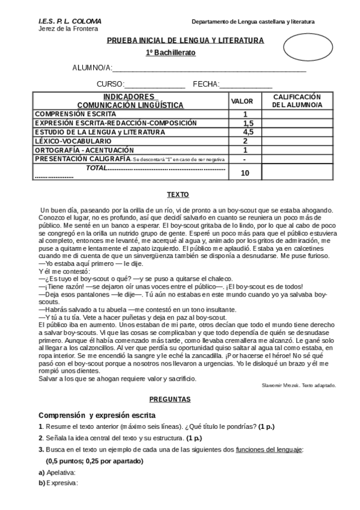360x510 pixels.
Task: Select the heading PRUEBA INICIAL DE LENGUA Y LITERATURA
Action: pos(185,40)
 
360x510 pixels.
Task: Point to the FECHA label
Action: pos(206,84)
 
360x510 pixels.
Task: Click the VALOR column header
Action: pos(242,101)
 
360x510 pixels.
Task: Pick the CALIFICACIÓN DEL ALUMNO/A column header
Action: pos(297,101)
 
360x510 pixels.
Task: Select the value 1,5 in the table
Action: pos(245,123)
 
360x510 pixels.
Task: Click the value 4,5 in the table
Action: pos(245,132)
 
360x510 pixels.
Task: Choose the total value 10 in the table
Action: pos(245,173)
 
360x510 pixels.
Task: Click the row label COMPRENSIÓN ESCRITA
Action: pos(75,114)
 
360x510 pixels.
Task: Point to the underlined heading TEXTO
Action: pos(177,195)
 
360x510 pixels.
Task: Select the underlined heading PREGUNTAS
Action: pos(170,399)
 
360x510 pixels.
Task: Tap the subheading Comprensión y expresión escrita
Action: pos(97,416)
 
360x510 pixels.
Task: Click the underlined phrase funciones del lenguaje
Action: pos(269,449)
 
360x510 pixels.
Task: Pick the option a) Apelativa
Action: pos(58,473)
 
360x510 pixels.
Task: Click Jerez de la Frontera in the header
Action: pos(68,28)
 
